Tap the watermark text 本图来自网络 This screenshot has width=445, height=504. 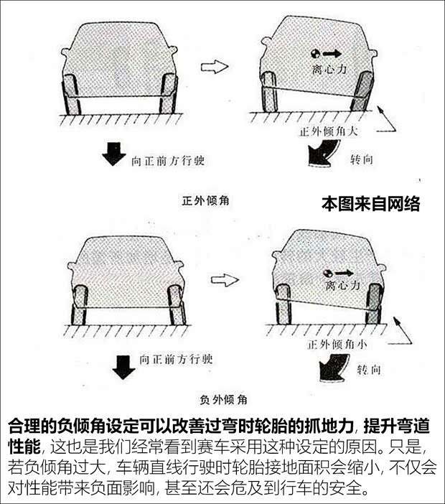pyautogui.click(x=370, y=204)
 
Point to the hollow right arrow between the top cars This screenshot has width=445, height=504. pyautogui.click(x=214, y=67)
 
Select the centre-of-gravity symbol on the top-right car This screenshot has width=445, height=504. pyautogui.click(x=314, y=53)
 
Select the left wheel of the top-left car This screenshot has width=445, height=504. pyautogui.click(x=72, y=94)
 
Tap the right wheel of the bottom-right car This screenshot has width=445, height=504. pyautogui.click(x=373, y=304)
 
